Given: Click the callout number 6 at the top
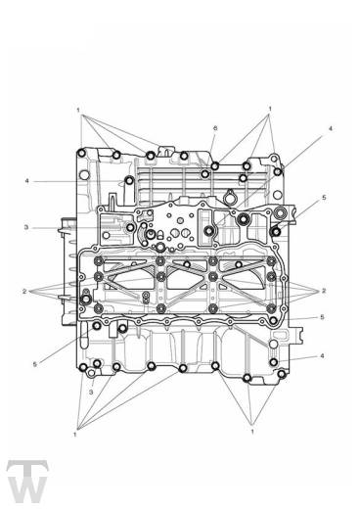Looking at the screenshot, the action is pos(215,128).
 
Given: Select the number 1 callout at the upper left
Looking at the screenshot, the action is pos(78,111).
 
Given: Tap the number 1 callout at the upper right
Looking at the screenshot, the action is pos(270,109).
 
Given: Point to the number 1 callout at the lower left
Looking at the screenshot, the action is pos(75,435).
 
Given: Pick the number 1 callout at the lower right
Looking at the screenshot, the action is pos(252,432).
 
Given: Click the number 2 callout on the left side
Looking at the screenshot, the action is pos(24,291).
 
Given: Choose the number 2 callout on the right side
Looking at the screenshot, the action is pos(324,291).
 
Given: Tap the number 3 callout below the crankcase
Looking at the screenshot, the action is pos(91,392).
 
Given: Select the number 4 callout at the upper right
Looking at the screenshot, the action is pos(330,128).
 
